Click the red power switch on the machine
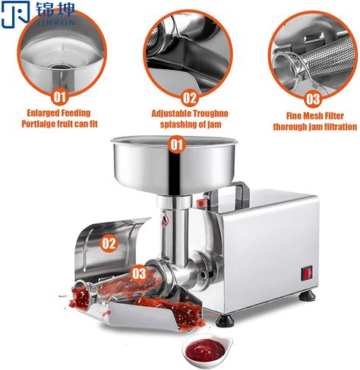[307, 274]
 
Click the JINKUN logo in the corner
[38, 14]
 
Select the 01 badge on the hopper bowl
[176, 144]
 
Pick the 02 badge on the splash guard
[109, 243]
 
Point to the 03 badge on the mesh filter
[139, 274]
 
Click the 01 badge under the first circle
[60, 96]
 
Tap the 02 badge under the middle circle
[190, 98]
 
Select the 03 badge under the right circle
[313, 99]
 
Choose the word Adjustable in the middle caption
[169, 114]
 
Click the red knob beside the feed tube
[201, 203]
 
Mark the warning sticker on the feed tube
[165, 220]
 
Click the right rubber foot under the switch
[308, 295]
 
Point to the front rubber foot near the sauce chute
[225, 320]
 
